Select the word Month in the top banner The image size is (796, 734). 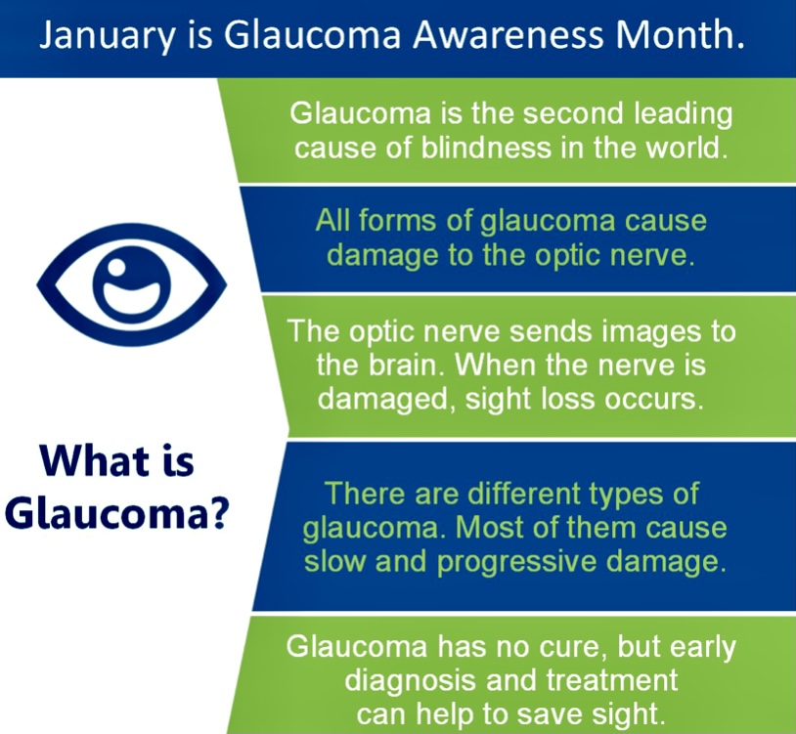click(x=680, y=37)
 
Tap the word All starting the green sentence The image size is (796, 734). click(x=332, y=221)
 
